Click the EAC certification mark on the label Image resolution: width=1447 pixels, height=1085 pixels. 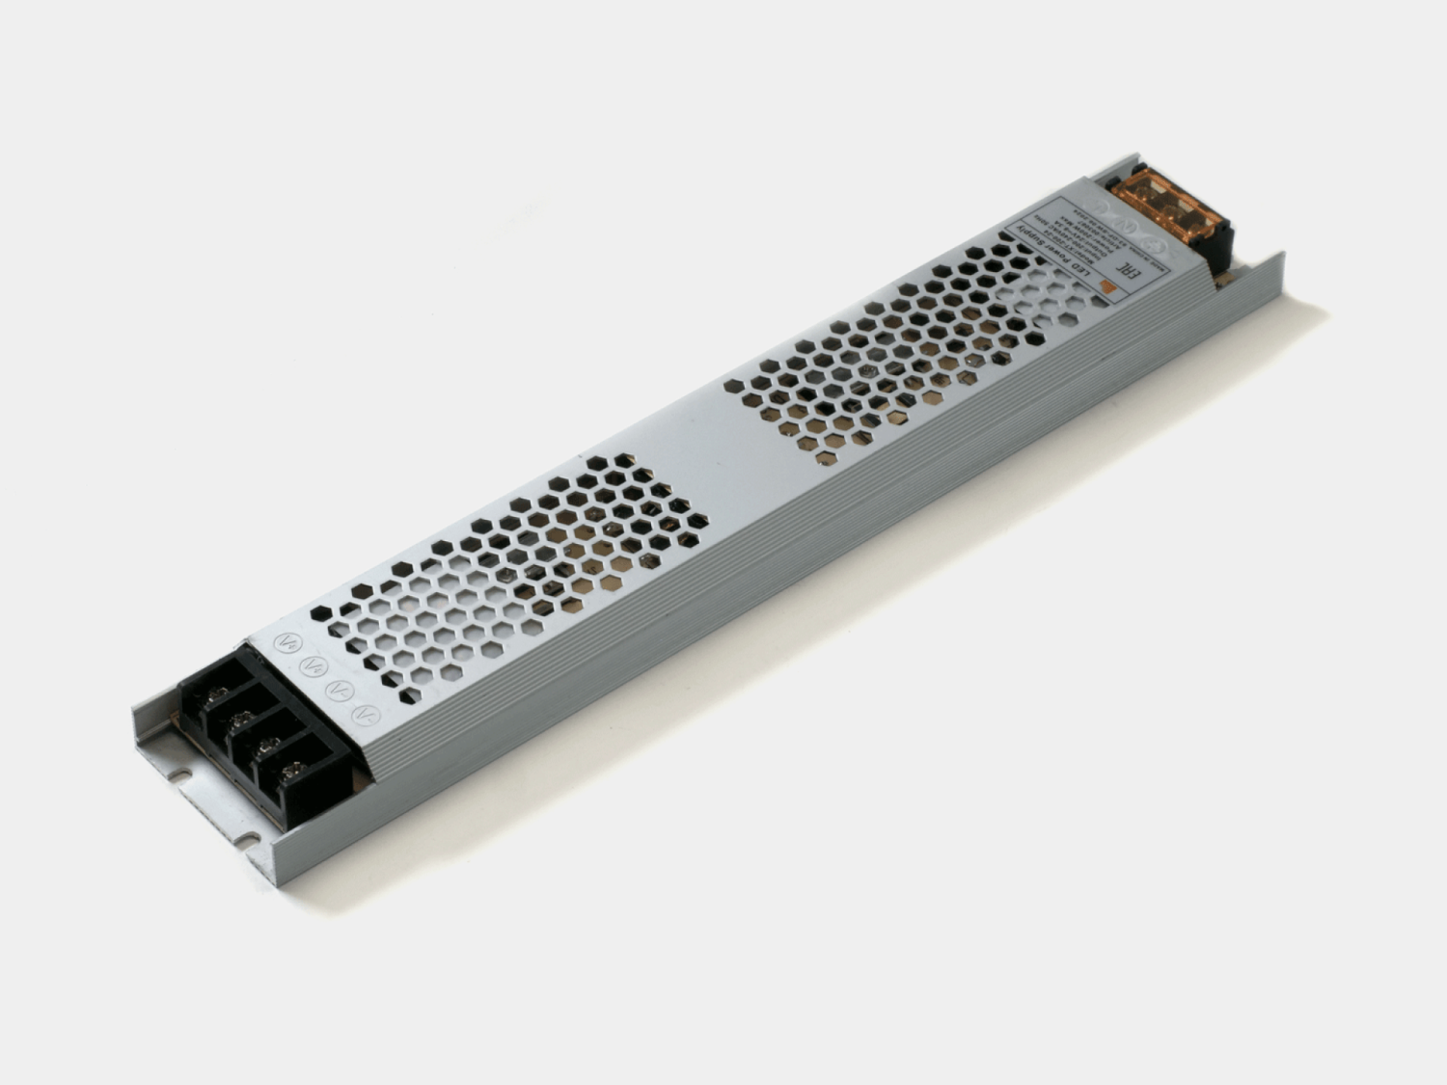pos(1129,270)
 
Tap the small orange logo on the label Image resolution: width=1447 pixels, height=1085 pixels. pos(1109,286)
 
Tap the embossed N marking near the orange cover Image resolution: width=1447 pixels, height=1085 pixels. pos(1126,227)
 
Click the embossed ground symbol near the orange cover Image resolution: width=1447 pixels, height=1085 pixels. pos(1153,245)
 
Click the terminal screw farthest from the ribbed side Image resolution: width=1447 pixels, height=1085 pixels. pos(218,694)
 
